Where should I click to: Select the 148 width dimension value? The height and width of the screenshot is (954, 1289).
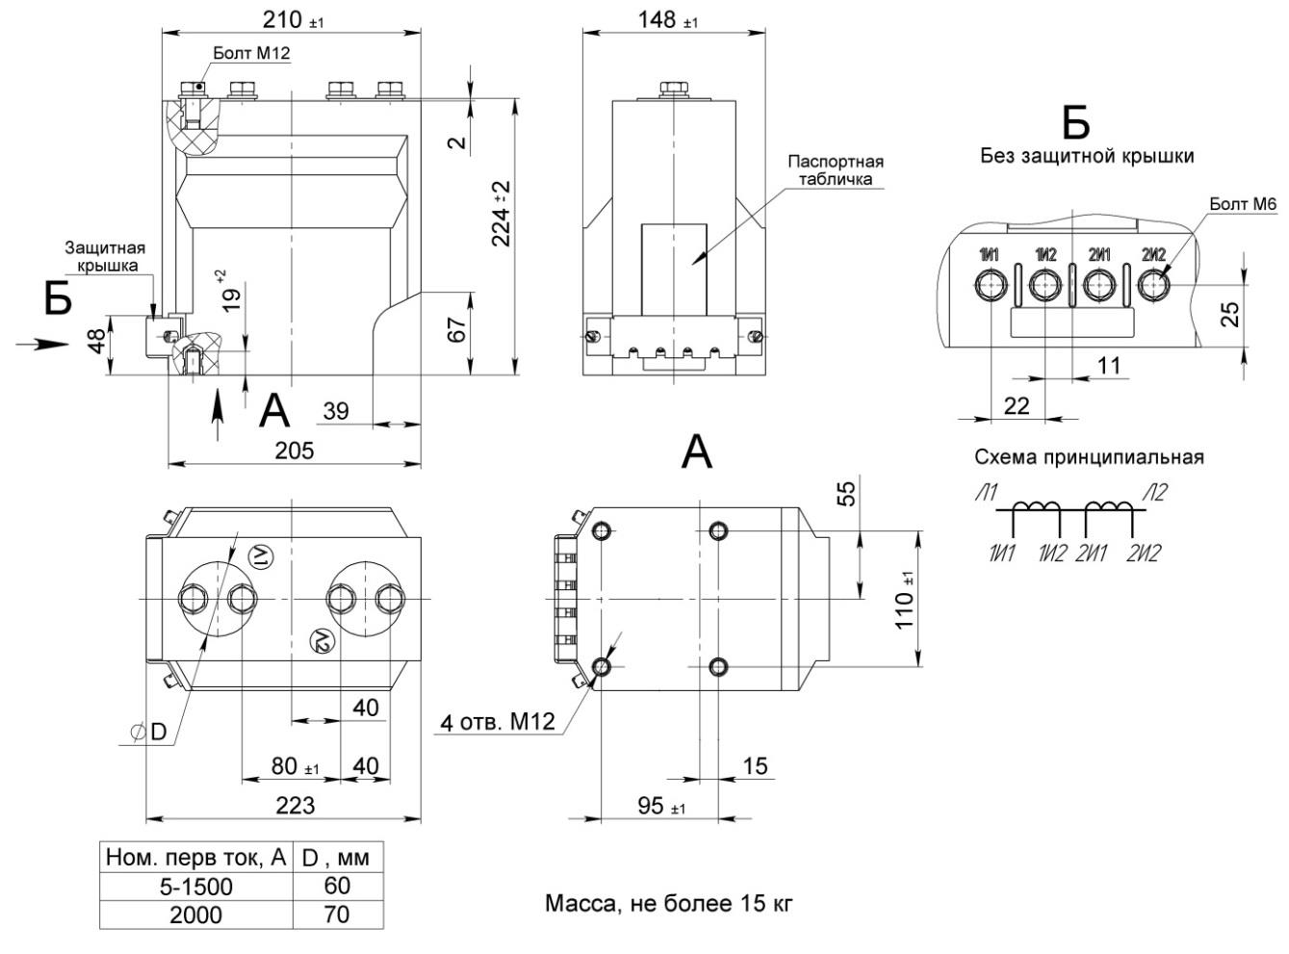pos(661,18)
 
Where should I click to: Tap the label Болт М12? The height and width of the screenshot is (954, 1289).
pos(251,55)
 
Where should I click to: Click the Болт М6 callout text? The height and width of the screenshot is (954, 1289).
pos(1243,204)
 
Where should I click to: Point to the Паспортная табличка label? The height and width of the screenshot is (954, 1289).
pos(835,169)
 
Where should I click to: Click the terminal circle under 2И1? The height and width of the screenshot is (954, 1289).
pos(1098,285)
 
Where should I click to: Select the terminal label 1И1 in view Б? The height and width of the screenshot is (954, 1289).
pos(990,255)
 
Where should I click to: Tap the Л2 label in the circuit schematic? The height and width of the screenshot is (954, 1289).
pos(1155,494)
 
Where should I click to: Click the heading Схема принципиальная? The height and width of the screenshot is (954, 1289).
pos(1089,457)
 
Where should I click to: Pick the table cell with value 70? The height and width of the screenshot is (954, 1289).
pos(337,915)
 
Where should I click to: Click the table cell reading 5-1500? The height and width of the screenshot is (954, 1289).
pos(195,886)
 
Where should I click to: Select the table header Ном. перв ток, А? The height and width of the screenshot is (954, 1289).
pos(196,857)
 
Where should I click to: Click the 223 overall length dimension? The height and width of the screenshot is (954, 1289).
pos(295,806)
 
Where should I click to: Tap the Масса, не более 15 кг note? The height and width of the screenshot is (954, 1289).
pos(669,904)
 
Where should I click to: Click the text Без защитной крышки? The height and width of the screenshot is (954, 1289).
pos(1087,155)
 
